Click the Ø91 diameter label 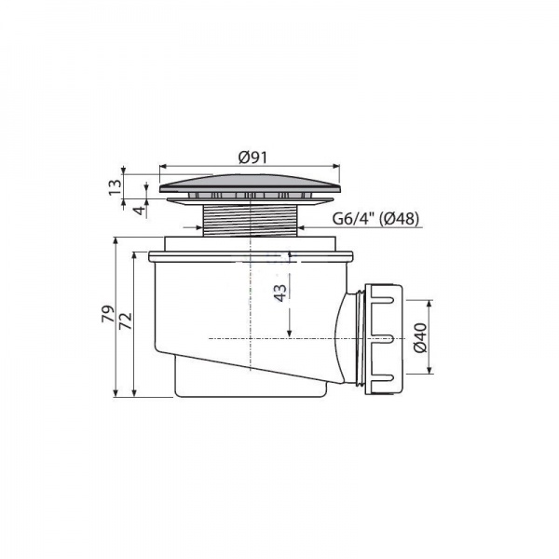tap(252, 157)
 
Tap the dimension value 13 tap(116, 187)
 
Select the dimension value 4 tap(142, 210)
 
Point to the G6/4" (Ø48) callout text tap(375, 218)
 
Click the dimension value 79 tap(108, 314)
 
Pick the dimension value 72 tap(126, 320)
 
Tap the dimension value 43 tap(281, 293)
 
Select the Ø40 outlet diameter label tap(421, 337)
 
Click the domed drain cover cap tap(250, 184)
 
